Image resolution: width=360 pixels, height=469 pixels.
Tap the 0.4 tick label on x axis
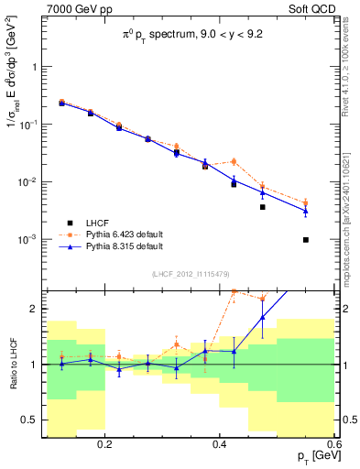(219, 444)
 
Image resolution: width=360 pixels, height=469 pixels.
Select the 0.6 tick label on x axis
(332, 444)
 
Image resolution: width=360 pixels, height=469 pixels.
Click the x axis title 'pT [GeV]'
(314, 456)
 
